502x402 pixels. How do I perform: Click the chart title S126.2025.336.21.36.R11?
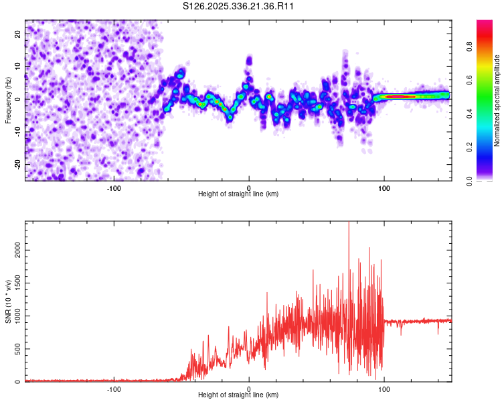pos(239,6)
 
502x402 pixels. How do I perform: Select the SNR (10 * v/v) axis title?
pos(8,302)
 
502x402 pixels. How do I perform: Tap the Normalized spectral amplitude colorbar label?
pos(497,100)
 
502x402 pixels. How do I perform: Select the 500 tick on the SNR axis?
pos(17,348)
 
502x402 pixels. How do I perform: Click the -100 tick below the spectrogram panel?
pos(114,188)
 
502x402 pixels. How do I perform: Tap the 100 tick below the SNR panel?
pos(384,389)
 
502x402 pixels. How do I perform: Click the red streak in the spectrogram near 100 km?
pos(402,96)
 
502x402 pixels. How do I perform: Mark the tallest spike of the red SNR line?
pos(349,224)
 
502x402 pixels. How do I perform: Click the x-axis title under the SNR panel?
pos(238,395)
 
